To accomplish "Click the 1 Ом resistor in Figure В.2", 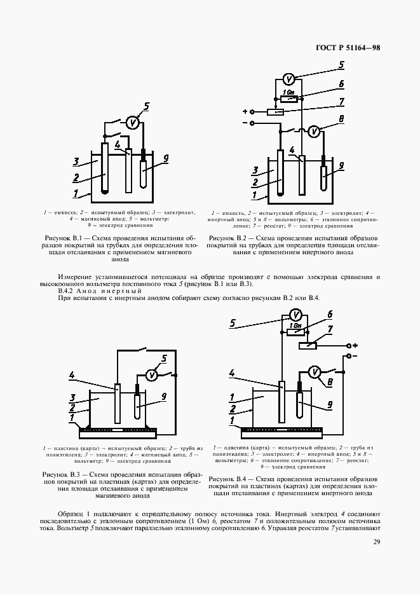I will (289, 98).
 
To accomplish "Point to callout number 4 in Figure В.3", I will (74, 376).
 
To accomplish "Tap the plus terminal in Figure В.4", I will (348, 345).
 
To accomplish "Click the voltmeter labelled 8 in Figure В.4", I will (313, 372).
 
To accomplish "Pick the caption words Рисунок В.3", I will (61, 475).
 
